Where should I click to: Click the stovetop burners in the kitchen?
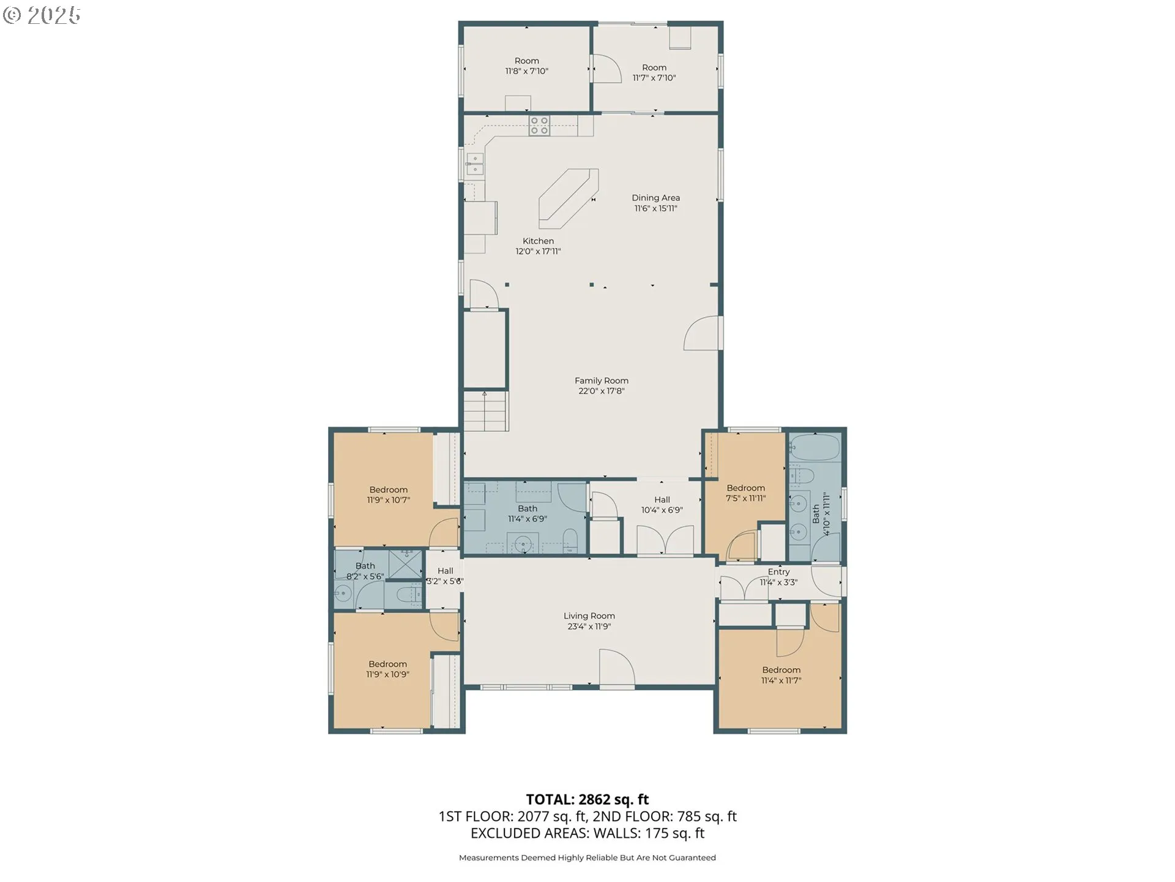pyautogui.click(x=539, y=126)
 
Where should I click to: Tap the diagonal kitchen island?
pyautogui.click(x=568, y=198)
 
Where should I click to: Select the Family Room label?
pyautogui.click(x=602, y=380)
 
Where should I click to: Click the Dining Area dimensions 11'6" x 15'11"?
pyautogui.click(x=655, y=208)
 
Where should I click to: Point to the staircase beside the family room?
pyautogui.click(x=486, y=411)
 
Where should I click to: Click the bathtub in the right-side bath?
pyautogui.click(x=814, y=448)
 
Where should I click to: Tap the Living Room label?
pyautogui.click(x=589, y=616)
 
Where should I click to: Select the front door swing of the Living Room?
pyautogui.click(x=616, y=668)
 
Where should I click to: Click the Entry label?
pyautogui.click(x=778, y=571)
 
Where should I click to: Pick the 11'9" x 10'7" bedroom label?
pyautogui.click(x=389, y=495)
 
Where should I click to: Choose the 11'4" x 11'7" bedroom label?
pyautogui.click(x=781, y=675)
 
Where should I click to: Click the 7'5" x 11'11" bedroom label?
pyautogui.click(x=746, y=493)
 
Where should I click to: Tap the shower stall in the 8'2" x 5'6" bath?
pyautogui.click(x=406, y=564)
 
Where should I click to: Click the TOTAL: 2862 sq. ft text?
pyautogui.click(x=587, y=799)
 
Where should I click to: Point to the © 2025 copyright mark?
pyautogui.click(x=42, y=15)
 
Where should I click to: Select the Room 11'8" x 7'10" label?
pyautogui.click(x=526, y=66)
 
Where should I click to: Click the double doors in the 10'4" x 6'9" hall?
pyautogui.click(x=666, y=540)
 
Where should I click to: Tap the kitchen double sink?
pyautogui.click(x=474, y=164)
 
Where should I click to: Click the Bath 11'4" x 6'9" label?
pyautogui.click(x=528, y=513)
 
